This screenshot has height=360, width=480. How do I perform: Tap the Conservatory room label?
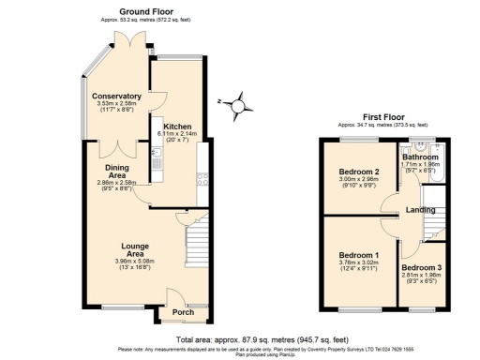point(116,96)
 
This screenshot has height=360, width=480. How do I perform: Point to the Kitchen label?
point(177,126)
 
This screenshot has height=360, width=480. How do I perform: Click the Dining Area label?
point(117,170)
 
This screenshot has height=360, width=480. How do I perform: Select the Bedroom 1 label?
point(359,255)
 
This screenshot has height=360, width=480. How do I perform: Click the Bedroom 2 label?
point(358,172)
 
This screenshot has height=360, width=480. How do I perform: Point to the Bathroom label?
point(421,157)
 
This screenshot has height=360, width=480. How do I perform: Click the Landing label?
point(419,211)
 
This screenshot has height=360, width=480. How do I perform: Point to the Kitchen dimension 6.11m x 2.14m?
point(177,135)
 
